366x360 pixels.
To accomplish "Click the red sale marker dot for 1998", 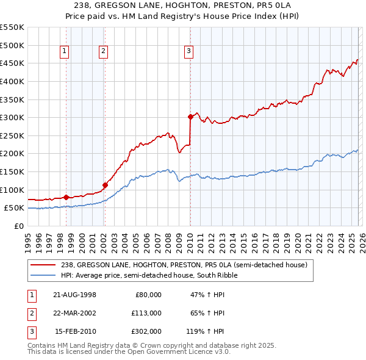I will [66, 197].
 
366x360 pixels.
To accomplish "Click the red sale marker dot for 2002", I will [105, 185].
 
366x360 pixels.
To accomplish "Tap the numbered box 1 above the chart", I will [65, 52].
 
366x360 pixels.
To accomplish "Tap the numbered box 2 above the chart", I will [104, 52].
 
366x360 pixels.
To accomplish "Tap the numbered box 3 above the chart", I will [189, 52].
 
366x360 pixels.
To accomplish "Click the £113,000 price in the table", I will [147, 313].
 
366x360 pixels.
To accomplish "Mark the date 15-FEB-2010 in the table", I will [74, 331].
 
